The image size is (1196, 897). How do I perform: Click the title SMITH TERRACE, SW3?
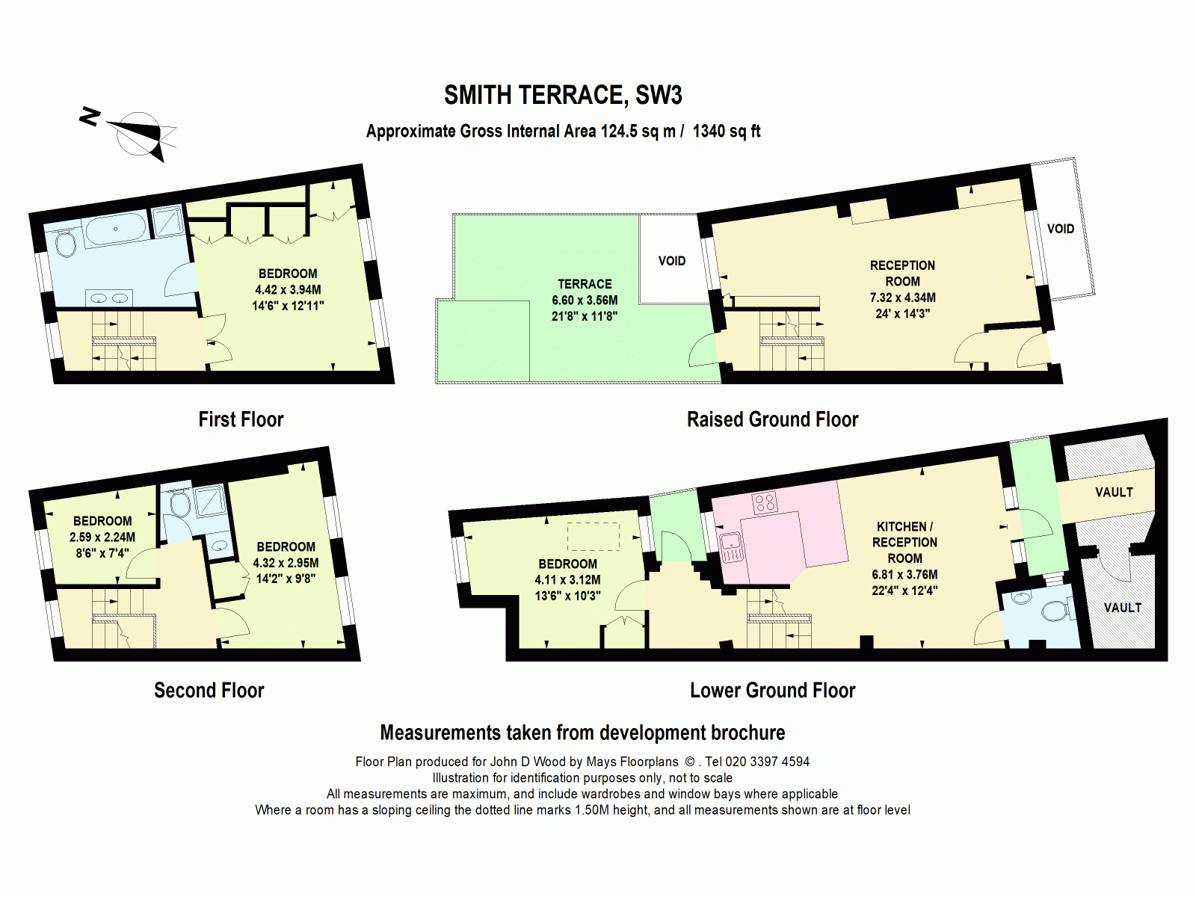[x=563, y=96]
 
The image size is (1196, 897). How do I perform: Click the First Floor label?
[x=241, y=419]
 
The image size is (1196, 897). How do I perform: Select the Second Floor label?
[x=209, y=690]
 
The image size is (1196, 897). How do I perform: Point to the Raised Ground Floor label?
[x=772, y=419]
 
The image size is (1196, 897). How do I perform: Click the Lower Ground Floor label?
[x=772, y=690]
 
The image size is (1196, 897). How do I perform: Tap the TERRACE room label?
[x=585, y=284]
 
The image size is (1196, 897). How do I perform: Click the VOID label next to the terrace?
[x=671, y=261]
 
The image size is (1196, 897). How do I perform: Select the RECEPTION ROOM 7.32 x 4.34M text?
[x=902, y=289]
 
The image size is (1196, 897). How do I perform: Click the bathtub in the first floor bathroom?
[x=116, y=229]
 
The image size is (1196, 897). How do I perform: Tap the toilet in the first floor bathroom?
[x=67, y=243]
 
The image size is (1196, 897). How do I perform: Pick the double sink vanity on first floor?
[x=109, y=298]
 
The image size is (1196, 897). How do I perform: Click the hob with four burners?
[x=765, y=502]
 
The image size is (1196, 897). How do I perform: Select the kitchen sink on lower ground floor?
[x=732, y=548]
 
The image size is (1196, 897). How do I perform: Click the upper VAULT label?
[x=1114, y=492]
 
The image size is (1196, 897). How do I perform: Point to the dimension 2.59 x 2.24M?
[x=102, y=537]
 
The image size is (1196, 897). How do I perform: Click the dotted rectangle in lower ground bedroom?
[x=593, y=536]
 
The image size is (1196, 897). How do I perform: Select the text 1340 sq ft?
[x=727, y=132]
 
